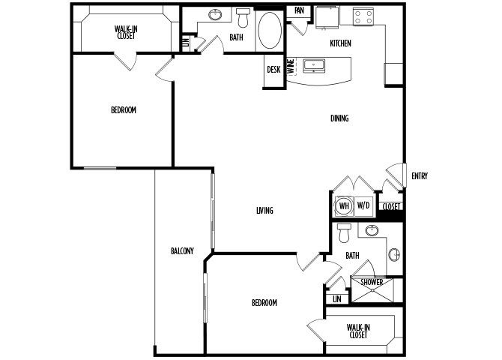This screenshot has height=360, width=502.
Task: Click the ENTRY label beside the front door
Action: click(420, 176)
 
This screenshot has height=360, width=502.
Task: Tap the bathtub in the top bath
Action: click(270, 31)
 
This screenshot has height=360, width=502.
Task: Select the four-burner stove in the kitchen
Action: click(363, 17)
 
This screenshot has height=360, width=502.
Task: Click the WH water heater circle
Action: click(344, 205)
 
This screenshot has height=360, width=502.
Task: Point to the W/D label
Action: click(363, 205)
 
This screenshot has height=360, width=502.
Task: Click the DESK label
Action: click(273, 70)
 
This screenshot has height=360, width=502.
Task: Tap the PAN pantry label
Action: click(299, 10)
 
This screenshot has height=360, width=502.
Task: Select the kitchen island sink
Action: click(314, 66)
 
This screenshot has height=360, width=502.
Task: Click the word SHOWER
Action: click(372, 282)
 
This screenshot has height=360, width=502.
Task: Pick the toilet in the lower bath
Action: click(344, 233)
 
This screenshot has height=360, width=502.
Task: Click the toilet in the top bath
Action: click(243, 18)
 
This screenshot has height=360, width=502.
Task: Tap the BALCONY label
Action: click(183, 250)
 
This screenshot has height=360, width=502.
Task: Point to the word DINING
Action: click(339, 118)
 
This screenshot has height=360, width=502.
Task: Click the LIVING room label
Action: click(264, 211)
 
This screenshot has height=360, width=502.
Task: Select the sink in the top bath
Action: click(215, 14)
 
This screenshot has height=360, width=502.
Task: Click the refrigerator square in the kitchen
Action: click(327, 18)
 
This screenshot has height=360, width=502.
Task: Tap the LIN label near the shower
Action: click(337, 299)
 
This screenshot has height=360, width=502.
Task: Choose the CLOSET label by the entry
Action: click(391, 207)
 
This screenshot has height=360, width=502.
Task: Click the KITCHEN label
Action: click(340, 43)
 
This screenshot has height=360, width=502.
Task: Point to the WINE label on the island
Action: click(291, 67)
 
